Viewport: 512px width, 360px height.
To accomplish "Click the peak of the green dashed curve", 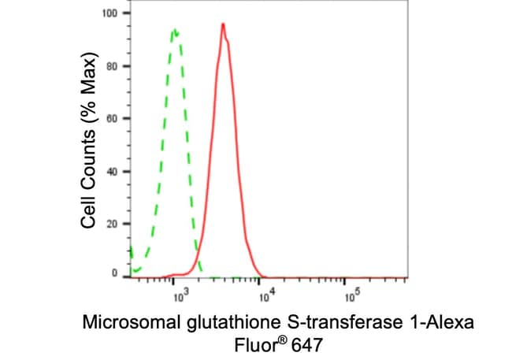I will pos(174,31).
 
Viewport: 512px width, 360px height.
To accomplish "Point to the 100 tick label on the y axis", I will pos(109,13).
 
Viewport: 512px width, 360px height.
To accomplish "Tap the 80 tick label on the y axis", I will pos(112,66).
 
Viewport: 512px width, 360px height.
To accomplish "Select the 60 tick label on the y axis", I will pos(112,119).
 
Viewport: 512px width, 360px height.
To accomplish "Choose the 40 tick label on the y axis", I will pos(112,171).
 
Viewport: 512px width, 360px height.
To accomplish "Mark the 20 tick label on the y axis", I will pos(112,224).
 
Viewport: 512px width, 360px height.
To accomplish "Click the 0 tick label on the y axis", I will pos(114,273).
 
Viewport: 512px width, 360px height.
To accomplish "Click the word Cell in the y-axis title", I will pos(88,213).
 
